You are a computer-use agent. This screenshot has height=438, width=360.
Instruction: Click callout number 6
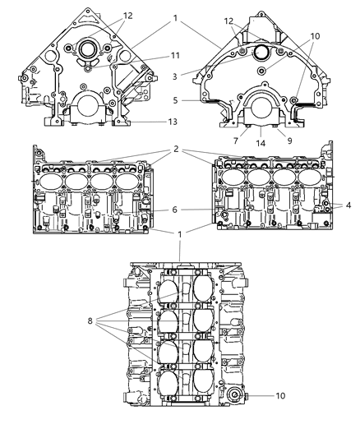coord(174,210)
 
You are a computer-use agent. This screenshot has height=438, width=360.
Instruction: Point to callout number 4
coord(349,203)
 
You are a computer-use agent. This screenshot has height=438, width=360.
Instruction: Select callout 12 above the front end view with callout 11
coord(127,16)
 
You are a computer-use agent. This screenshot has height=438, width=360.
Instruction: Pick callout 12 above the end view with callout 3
coord(228,21)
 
